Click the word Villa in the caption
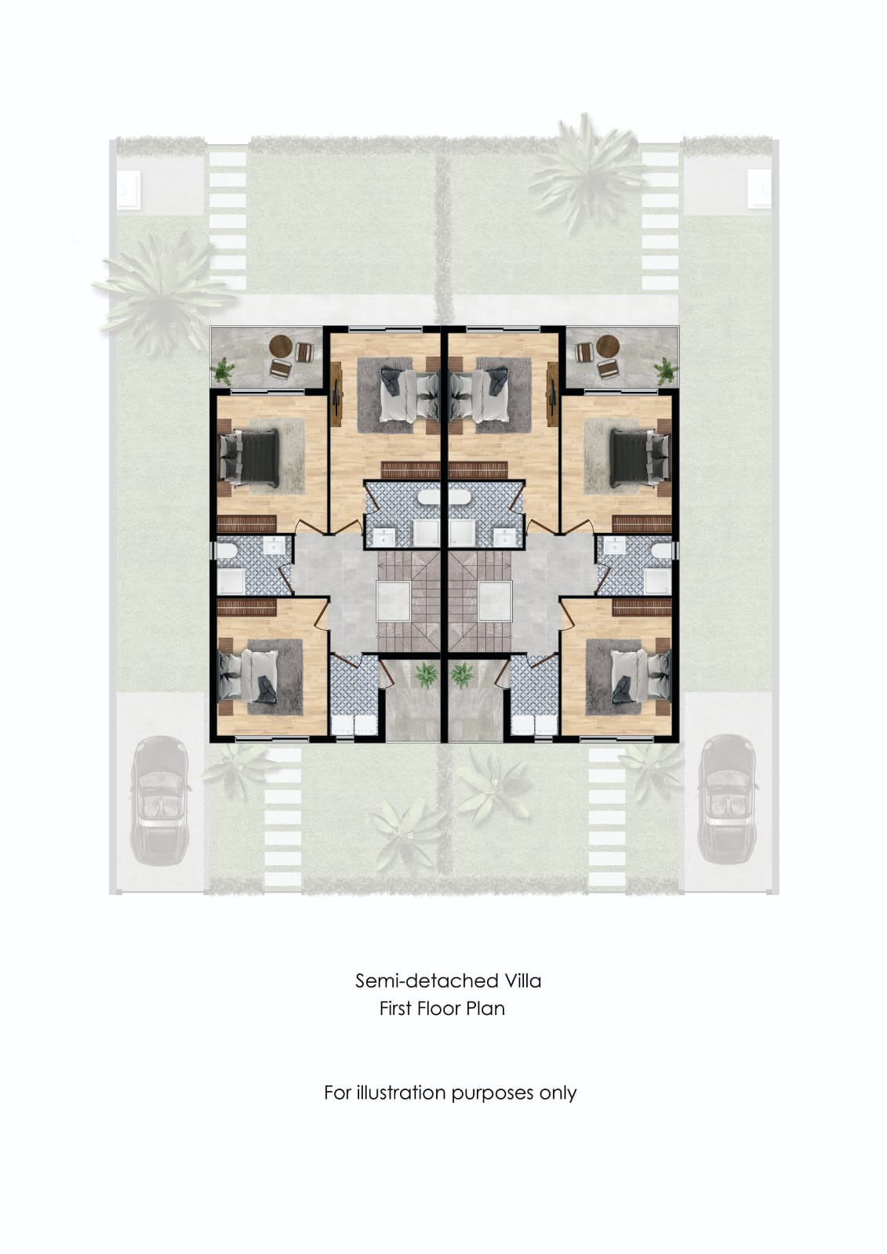(522, 980)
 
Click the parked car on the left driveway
(159, 800)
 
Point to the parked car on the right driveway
(727, 799)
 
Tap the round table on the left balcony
(282, 347)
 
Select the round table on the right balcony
(607, 346)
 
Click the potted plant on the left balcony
(223, 371)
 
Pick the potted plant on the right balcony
(667, 371)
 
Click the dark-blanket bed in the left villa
(249, 458)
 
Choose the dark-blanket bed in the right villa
(639, 458)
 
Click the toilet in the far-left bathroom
(225, 551)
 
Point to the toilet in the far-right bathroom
(663, 551)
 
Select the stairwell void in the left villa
(394, 600)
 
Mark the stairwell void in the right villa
(495, 600)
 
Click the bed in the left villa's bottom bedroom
(249, 677)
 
